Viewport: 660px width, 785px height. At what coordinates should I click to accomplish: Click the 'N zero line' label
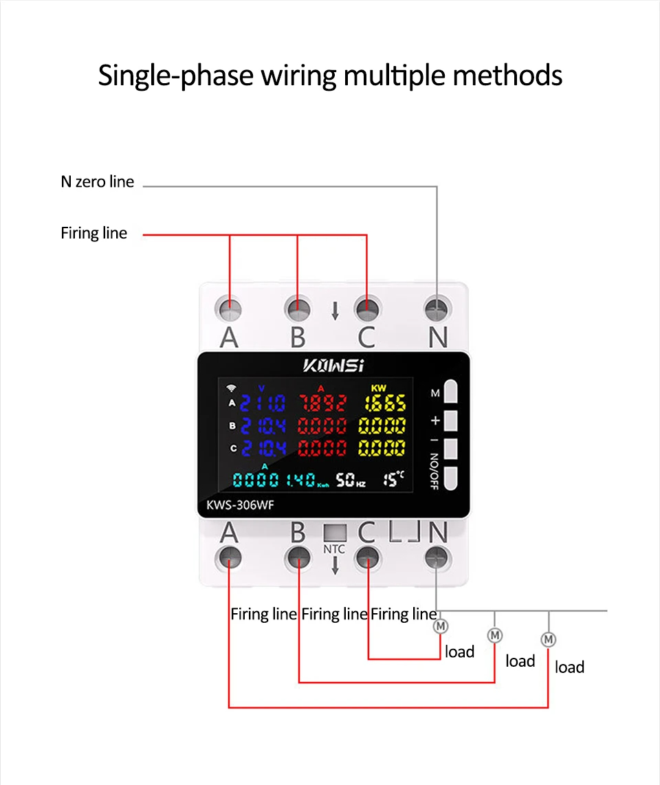(97, 183)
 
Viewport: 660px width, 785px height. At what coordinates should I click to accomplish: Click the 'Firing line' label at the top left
(93, 233)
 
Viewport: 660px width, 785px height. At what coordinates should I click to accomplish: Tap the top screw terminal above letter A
(230, 309)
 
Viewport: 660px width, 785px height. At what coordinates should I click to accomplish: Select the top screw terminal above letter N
(437, 309)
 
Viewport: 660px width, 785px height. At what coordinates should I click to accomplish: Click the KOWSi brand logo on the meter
(333, 364)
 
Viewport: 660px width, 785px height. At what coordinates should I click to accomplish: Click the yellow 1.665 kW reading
(383, 403)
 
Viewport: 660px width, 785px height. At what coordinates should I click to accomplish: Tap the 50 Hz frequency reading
(350, 480)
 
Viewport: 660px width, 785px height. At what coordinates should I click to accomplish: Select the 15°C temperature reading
(394, 478)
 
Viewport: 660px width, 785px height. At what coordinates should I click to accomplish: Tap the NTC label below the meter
(333, 549)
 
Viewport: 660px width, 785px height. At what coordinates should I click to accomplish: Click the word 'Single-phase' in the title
(176, 75)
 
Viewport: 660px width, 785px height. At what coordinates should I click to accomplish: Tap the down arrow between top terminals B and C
(335, 311)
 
